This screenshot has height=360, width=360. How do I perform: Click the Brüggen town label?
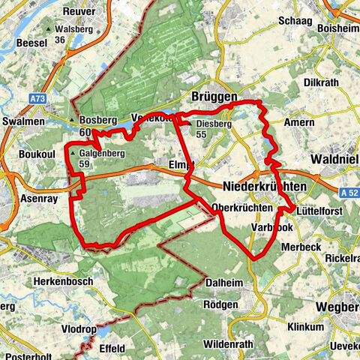tap(214, 97)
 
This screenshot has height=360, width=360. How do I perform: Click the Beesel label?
tap(20, 44)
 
